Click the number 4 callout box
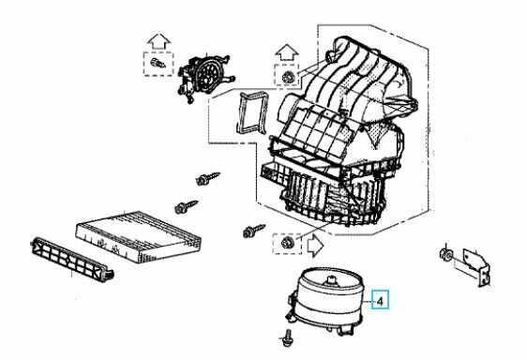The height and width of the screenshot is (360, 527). point(380,299)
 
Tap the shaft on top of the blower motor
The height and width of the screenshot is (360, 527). point(331,280)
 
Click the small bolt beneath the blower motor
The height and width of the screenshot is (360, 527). point(287,337)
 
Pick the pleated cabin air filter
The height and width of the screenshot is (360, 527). point(139,236)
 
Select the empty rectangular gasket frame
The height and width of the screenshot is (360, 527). point(253,112)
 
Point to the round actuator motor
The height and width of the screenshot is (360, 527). point(205,77)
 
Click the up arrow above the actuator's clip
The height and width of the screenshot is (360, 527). point(158,41)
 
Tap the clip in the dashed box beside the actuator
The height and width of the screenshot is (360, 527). point(158,63)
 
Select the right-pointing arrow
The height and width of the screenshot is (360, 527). point(316,246)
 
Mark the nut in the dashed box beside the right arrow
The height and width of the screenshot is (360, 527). point(288,243)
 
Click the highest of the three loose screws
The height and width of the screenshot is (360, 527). point(207,178)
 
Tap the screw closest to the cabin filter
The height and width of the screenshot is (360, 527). point(187,207)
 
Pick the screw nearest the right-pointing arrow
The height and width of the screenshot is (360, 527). point(254,231)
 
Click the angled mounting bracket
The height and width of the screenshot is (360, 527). point(476,267)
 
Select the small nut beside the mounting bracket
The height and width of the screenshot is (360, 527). point(446,254)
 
